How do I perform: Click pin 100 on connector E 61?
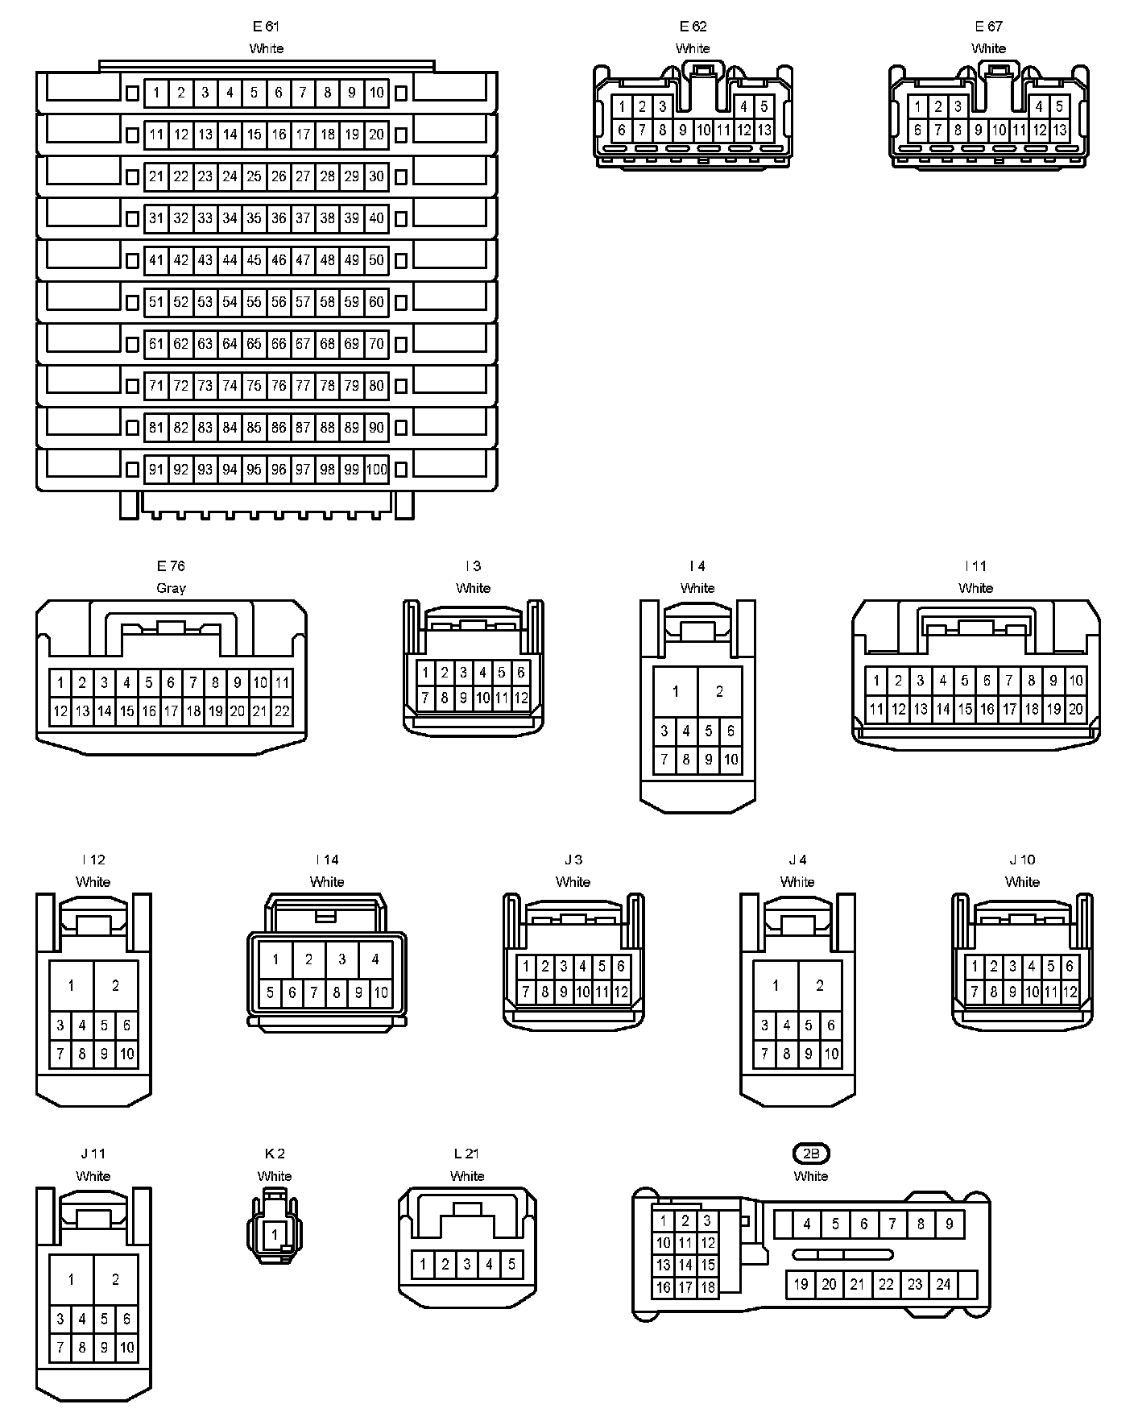(x=376, y=470)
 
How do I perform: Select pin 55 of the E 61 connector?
(x=255, y=302)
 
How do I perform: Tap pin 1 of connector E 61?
(x=156, y=93)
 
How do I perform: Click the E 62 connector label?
(x=693, y=26)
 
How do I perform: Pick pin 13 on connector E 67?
(x=1060, y=130)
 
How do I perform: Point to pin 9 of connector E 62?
(x=682, y=130)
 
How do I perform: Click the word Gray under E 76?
(x=171, y=588)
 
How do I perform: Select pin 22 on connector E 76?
(x=282, y=711)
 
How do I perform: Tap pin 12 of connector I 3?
(x=521, y=698)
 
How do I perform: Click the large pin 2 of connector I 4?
(x=719, y=691)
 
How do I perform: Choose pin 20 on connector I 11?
(x=1076, y=710)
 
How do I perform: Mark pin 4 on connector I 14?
(x=375, y=959)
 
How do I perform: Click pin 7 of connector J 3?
(x=527, y=992)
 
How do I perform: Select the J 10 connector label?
(x=1022, y=860)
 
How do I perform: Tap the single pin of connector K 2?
(x=275, y=1234)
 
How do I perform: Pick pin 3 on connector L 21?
(x=467, y=1264)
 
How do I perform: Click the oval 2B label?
(x=811, y=1154)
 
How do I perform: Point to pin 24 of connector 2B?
(x=943, y=1284)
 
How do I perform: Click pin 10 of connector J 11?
(x=127, y=1348)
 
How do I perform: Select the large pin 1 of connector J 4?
(x=776, y=985)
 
